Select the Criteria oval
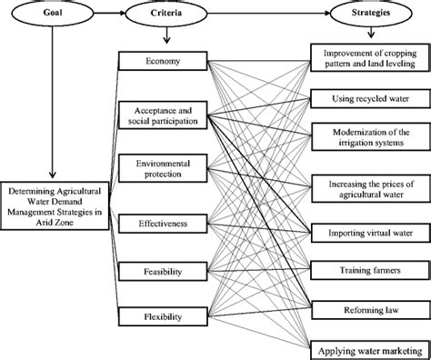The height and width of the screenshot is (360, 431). click(x=165, y=15)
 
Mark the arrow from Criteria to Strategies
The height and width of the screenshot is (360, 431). click(x=264, y=15)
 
